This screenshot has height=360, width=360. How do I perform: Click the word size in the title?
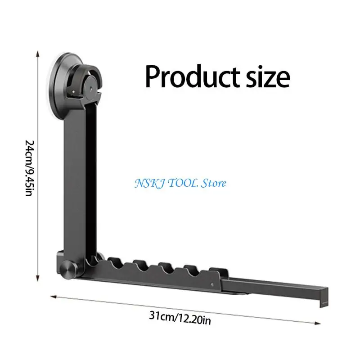coord(268,76)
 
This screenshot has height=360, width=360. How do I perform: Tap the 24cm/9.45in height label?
coord(30,168)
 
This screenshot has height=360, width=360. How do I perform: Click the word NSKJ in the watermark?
coord(149,184)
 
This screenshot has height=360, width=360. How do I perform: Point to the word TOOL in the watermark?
coord(183,183)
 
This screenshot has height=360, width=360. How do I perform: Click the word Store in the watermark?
coord(213,183)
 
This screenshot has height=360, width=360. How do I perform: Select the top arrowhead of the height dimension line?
coord(38,54)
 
